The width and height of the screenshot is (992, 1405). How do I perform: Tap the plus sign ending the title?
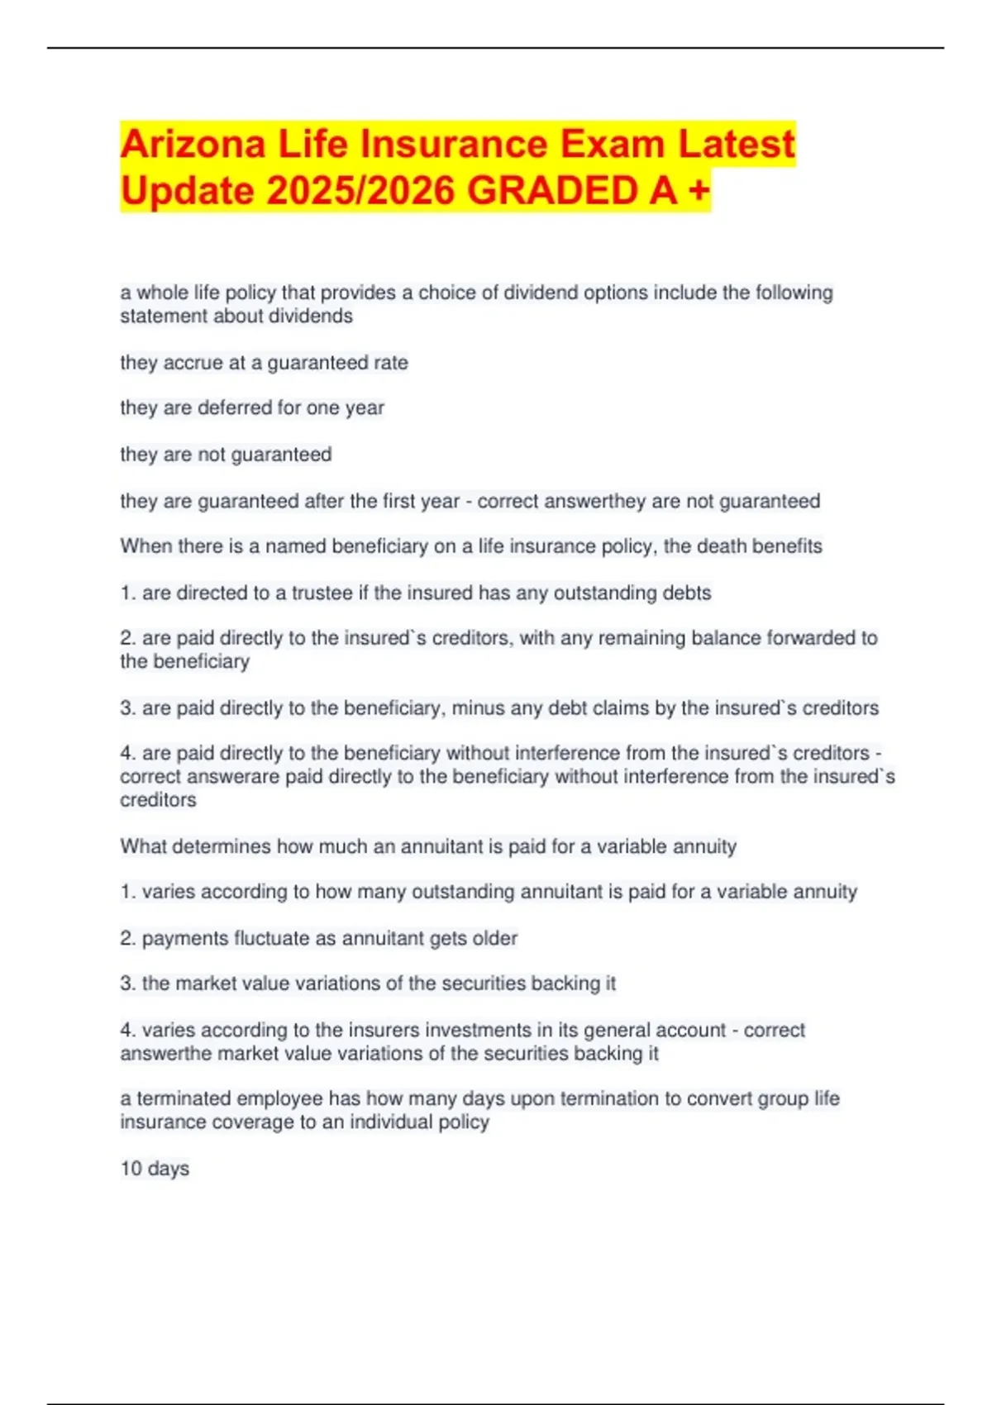click(699, 190)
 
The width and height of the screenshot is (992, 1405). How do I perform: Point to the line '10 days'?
click(155, 1169)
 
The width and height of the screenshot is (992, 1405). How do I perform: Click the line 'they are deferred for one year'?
click(252, 407)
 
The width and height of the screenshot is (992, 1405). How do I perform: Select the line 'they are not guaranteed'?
click(226, 455)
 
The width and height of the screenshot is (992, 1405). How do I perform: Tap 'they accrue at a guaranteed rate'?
click(264, 363)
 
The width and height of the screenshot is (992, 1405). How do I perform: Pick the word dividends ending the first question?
click(313, 316)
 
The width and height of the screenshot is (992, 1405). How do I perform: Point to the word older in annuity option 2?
click(494, 938)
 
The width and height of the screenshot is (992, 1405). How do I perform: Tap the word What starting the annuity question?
click(142, 846)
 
